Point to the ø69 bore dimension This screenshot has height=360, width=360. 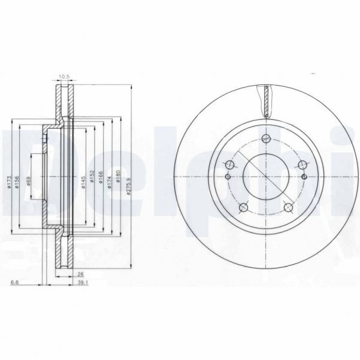coord(30,180)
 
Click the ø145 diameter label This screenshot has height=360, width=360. coord(84,181)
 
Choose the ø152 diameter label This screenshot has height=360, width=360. coord(92,181)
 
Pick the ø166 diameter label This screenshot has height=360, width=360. coord(101,181)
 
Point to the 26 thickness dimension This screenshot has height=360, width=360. coord(80,275)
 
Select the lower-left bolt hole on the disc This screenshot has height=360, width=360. coord(243,208)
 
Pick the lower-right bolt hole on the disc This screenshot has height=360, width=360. coord(289,208)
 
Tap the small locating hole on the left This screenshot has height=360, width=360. coord(228,177)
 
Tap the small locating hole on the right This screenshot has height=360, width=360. coord(304,177)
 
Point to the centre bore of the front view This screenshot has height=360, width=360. coord(266,177)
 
